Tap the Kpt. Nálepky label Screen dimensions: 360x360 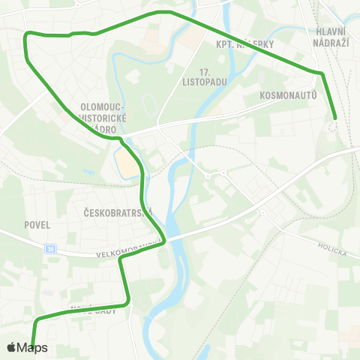click(x=244, y=44)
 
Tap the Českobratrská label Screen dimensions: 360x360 click(x=114, y=212)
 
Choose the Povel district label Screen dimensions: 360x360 click(x=37, y=224)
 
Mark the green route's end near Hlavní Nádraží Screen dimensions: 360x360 click(x=334, y=118)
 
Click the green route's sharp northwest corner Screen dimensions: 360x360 click(x=28, y=34)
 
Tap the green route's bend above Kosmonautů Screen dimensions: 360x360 click(x=322, y=73)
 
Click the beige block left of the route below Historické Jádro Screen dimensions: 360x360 click(x=127, y=161)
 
